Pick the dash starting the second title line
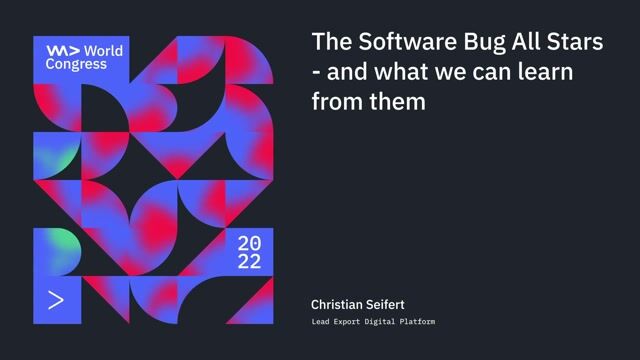(316, 73)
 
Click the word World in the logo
(104, 50)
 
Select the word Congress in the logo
(76, 64)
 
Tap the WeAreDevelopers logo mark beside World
(62, 50)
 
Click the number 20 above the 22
(249, 244)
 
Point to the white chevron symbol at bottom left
(56, 299)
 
